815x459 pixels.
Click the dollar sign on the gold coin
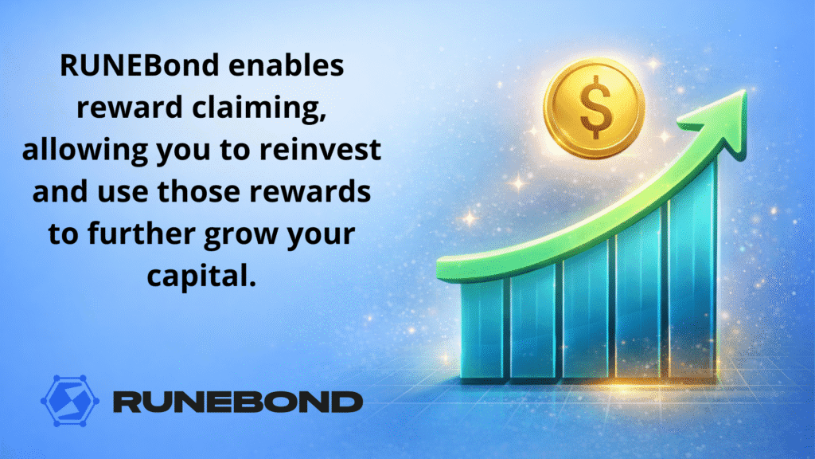(595, 107)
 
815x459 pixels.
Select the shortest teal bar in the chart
(482, 328)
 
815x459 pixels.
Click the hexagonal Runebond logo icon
(70, 401)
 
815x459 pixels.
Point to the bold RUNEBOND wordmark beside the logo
(238, 402)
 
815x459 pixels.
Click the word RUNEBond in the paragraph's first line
(140, 65)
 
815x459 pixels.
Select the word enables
(287, 65)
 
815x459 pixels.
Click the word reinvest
(320, 149)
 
